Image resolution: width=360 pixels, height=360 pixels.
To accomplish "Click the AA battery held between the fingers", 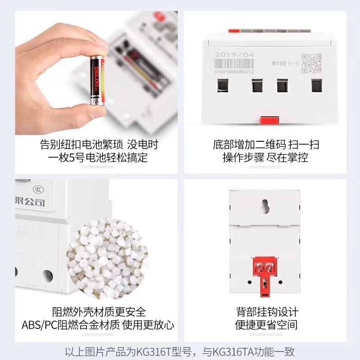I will (97, 81).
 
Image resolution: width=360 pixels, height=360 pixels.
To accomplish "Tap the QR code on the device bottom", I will (311, 63).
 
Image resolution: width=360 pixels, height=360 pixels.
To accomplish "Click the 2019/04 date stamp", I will (234, 55).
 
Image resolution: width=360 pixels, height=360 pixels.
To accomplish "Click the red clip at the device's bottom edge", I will (270, 120).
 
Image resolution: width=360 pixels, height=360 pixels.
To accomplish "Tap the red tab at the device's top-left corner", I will (234, 31).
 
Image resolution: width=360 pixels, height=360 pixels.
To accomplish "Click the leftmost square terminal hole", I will (223, 85).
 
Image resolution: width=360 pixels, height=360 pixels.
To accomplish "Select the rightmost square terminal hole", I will (317, 85).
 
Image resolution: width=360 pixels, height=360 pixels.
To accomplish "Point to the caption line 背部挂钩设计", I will (267, 312).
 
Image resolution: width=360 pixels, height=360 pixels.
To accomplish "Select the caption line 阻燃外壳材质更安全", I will (99, 312).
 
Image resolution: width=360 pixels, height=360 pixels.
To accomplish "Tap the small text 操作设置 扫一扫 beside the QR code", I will (285, 64).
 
